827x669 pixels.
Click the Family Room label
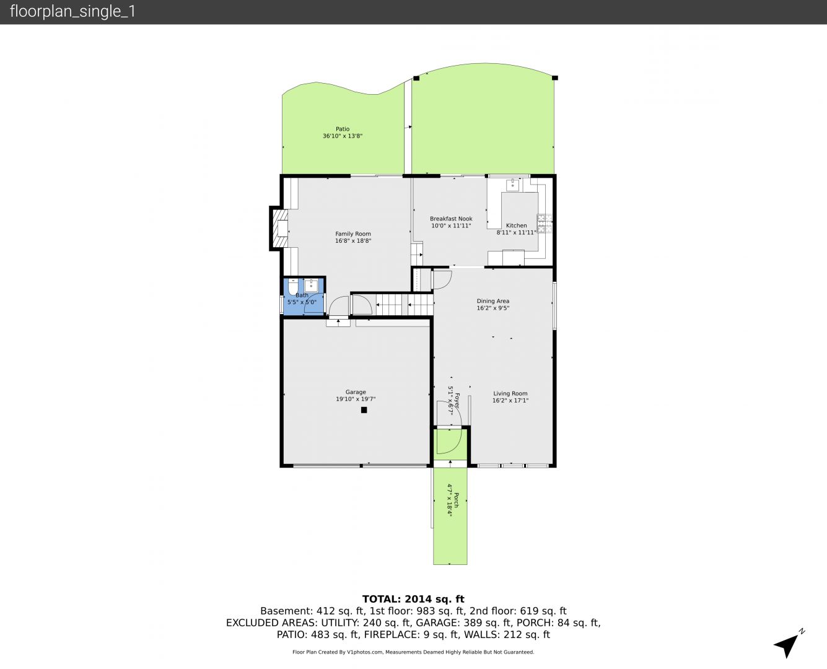353,234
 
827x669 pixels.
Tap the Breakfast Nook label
451,219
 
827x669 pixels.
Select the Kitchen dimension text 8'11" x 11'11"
516,232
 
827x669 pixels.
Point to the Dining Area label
493,301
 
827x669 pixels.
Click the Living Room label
510,393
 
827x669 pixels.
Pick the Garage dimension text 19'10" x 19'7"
356,399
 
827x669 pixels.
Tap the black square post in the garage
364,409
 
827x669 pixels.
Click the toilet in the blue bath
293,287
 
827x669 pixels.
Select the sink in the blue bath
311,286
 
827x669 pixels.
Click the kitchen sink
512,185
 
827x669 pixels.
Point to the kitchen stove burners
545,224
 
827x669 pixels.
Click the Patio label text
343,129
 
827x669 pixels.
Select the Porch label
457,500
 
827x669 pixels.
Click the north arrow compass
788,647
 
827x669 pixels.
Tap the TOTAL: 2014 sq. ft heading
413,599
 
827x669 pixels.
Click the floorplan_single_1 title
72,12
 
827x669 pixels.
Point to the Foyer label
457,401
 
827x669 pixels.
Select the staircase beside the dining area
404,305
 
